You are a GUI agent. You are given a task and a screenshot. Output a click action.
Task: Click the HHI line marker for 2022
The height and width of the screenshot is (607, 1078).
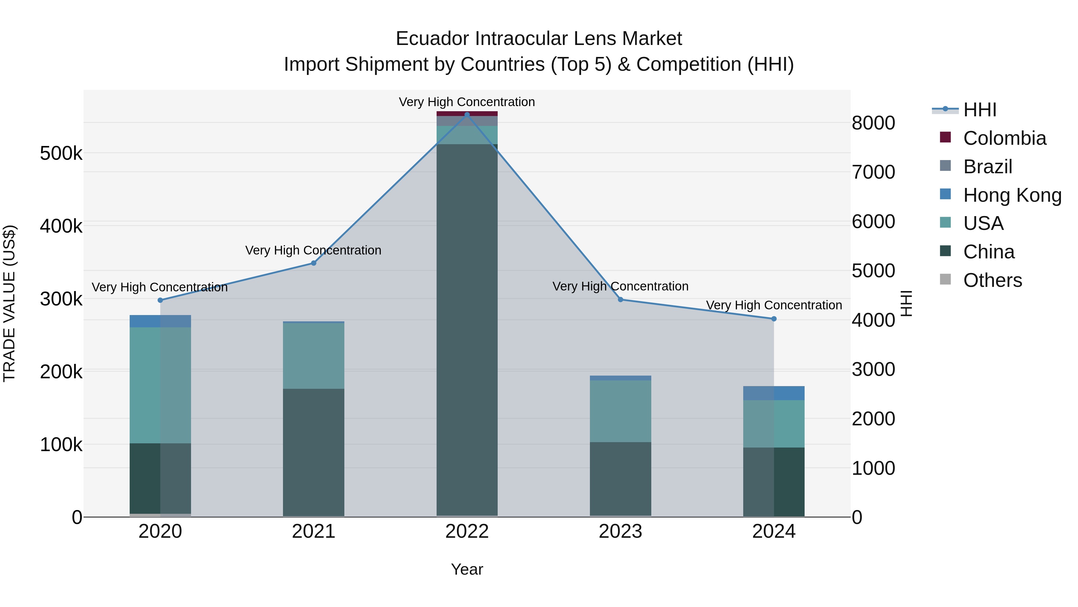coord(467,115)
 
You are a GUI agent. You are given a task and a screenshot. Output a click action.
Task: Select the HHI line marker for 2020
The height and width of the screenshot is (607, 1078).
coord(160,300)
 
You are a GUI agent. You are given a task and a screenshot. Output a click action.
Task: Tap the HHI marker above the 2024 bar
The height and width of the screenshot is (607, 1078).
coord(774,319)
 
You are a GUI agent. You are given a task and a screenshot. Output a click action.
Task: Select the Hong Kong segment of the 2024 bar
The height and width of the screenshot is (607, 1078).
coord(774,393)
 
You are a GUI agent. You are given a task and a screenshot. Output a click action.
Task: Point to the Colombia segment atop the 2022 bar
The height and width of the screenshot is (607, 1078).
coord(467,114)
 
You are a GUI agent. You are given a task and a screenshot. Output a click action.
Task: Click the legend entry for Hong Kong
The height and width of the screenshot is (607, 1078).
coord(1012,195)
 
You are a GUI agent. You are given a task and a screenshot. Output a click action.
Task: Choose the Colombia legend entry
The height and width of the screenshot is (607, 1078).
coord(1004,138)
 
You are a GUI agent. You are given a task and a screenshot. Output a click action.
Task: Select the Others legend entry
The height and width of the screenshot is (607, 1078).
coord(992,280)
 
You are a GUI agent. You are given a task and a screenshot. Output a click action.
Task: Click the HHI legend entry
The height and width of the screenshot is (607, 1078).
coord(979,110)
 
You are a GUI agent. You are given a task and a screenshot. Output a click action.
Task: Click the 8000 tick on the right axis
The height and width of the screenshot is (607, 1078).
coord(873,123)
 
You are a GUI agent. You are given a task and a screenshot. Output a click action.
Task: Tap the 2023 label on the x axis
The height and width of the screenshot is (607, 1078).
coord(621,531)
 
